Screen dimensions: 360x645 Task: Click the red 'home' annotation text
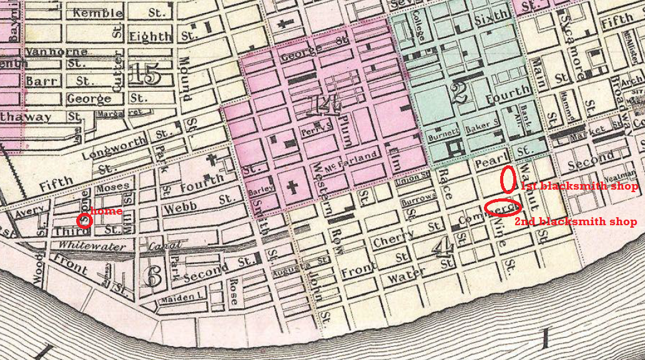(x=107, y=212)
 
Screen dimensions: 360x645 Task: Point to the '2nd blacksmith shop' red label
(x=575, y=221)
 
